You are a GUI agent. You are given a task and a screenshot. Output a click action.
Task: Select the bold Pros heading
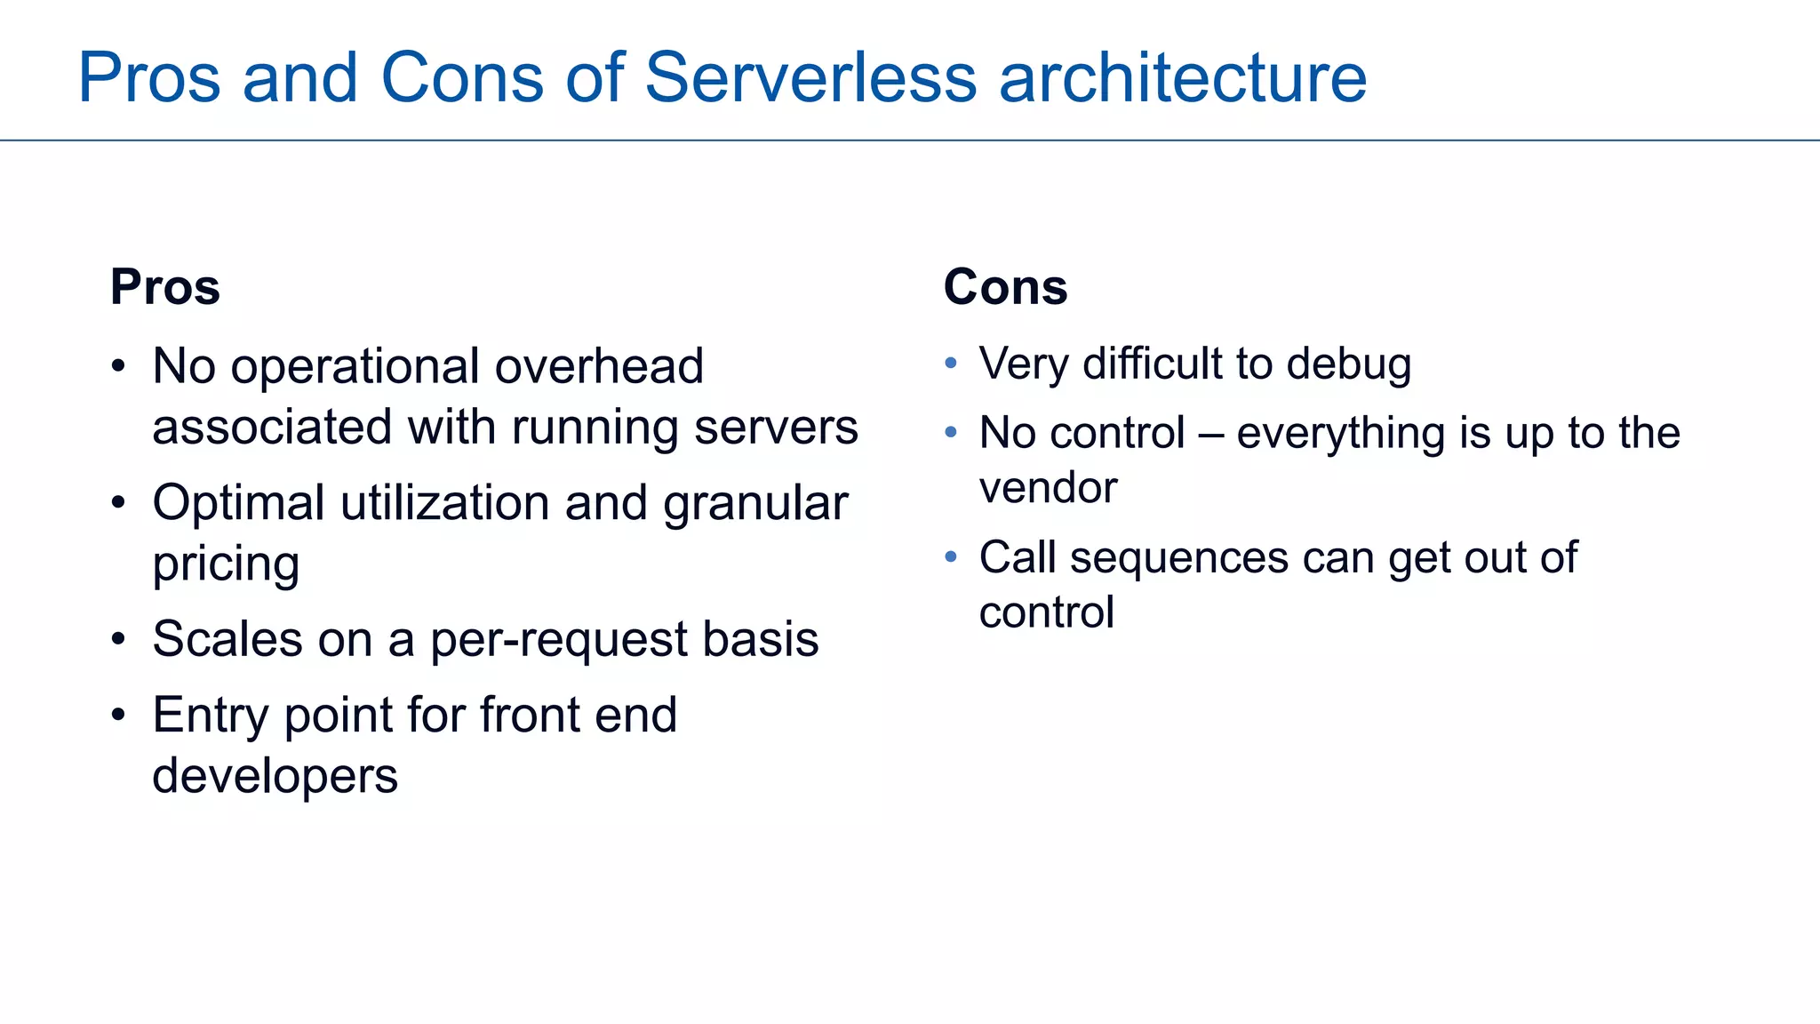[x=165, y=287]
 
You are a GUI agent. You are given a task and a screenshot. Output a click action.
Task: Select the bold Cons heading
[x=1005, y=287]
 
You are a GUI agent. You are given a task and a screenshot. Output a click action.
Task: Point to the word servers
[x=776, y=428]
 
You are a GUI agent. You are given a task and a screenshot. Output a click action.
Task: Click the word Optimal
[x=239, y=503]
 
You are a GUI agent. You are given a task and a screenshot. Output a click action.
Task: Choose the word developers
[x=275, y=776]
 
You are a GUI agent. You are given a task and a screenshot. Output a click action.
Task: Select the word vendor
[x=1048, y=488]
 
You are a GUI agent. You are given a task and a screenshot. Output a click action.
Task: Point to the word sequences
[x=1178, y=558]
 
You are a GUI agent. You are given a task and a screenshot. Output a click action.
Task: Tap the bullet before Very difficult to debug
[x=951, y=363]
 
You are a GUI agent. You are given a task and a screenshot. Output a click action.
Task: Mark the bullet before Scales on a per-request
[x=119, y=639]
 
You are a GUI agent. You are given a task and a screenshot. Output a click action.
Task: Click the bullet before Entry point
[x=119, y=716]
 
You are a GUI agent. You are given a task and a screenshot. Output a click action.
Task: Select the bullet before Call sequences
[x=951, y=557]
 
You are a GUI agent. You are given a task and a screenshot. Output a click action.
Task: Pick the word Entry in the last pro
[x=210, y=716]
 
